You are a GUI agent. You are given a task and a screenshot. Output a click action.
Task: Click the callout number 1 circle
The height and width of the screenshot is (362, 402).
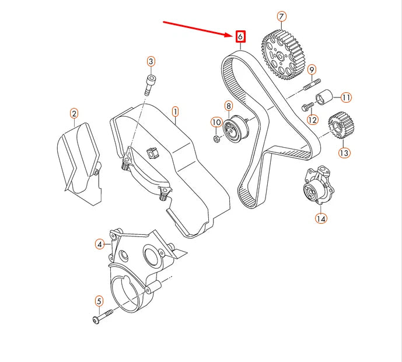[x=174, y=111]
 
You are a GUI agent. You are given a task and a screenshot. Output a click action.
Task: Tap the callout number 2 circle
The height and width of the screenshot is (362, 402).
[x=74, y=113]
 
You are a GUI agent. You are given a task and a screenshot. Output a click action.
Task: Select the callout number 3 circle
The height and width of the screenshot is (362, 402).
[x=151, y=62]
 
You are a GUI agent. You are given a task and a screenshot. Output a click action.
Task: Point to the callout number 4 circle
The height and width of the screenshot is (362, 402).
[x=100, y=244]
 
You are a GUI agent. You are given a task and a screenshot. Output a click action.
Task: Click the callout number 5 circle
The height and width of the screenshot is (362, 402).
[x=99, y=301]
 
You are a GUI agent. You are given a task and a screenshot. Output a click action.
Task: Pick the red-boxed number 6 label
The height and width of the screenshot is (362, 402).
[x=240, y=37]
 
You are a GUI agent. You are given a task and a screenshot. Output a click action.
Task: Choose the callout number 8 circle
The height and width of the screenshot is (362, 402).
[x=229, y=106]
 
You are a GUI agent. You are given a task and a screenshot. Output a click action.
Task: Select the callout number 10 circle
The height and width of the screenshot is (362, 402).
[x=216, y=122]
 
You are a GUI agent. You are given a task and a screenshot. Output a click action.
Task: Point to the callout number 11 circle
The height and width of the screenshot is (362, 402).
[x=346, y=97]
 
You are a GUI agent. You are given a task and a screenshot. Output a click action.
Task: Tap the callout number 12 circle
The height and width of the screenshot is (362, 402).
[x=313, y=120]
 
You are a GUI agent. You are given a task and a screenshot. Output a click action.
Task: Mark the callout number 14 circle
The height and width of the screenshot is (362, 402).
[x=321, y=218]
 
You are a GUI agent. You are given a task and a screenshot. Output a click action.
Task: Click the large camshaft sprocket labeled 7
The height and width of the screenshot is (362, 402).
[x=283, y=55]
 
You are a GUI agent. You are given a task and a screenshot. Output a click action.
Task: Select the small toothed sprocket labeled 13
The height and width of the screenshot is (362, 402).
[x=338, y=126]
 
